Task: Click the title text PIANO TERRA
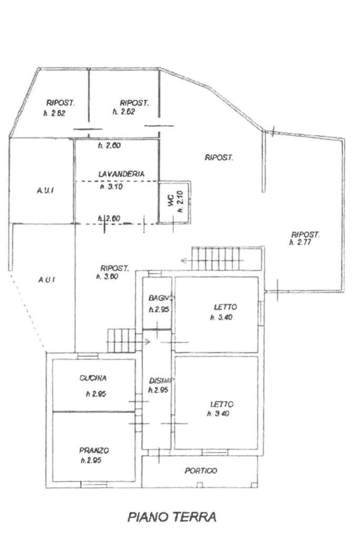tap(172, 516)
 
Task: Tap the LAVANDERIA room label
tap(121, 173)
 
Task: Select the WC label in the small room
tap(170, 201)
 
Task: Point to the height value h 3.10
tap(111, 186)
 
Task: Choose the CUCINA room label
tap(93, 378)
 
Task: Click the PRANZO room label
tap(94, 450)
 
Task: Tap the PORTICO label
tap(201, 471)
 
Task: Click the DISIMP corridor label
tap(159, 380)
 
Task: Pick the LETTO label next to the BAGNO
tap(225, 307)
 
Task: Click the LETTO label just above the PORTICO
tap(222, 404)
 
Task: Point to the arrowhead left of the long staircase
tap(183, 259)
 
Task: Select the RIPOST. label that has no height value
tap(219, 157)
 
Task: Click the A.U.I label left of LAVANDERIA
tap(44, 191)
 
